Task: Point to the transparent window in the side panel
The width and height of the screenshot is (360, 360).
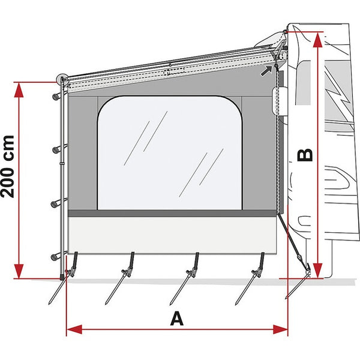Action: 170,153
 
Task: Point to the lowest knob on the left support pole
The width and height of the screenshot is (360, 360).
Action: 55,257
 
